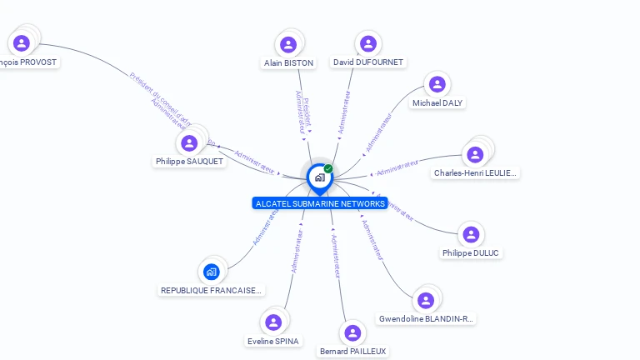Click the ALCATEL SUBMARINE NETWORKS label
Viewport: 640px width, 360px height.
(320, 203)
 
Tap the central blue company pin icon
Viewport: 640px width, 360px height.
(319, 177)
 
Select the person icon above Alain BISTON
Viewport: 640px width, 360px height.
(288, 44)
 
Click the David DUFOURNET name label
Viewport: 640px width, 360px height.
(367, 62)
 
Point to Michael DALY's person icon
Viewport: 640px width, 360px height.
(437, 84)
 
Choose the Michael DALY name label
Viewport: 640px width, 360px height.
(438, 103)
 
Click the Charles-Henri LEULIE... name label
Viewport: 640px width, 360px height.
(476, 173)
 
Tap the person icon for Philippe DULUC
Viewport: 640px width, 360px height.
(471, 235)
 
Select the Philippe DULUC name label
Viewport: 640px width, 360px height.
(472, 253)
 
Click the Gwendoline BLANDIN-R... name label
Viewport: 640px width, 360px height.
(426, 318)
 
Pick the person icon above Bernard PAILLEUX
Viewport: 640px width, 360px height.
(353, 333)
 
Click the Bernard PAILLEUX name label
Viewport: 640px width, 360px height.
(353, 352)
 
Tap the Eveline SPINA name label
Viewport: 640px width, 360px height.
(273, 341)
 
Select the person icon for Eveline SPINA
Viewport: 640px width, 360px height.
(273, 322)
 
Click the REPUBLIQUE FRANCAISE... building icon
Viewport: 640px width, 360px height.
(212, 272)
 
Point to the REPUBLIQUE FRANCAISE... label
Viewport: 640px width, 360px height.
(212, 291)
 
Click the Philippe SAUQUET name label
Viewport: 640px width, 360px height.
(190, 162)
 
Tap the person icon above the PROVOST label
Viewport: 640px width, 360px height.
(22, 43)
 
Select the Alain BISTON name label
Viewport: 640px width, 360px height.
(288, 63)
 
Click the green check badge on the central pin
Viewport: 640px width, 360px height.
(328, 169)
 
